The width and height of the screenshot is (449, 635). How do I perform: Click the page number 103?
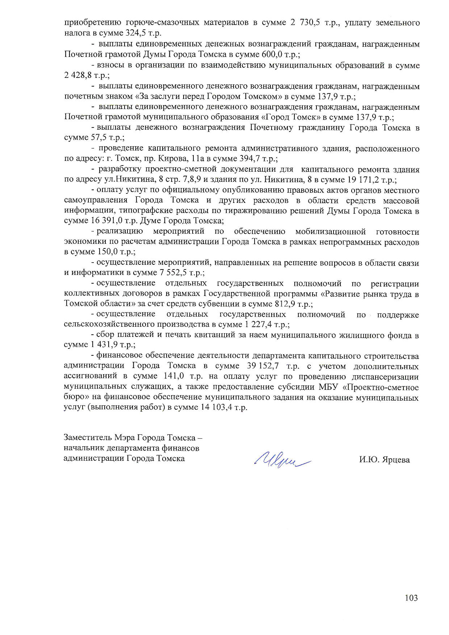411,598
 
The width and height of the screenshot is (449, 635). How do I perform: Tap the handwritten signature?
283,459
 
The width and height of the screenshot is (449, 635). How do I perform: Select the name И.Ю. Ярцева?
384,460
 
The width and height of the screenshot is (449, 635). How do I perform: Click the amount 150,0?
108,251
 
